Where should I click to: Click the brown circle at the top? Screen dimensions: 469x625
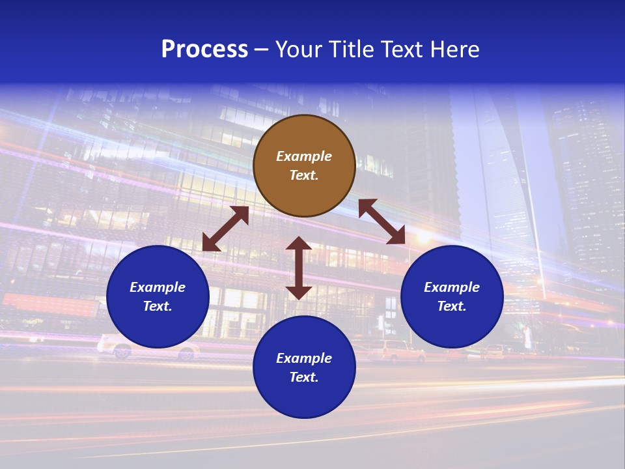(304, 165)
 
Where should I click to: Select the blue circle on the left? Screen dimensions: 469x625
(158, 296)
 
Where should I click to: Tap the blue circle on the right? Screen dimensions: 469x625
(452, 296)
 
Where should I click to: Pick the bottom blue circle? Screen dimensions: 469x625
(304, 367)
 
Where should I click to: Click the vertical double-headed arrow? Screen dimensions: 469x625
(299, 268)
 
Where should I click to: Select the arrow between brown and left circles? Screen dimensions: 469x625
(225, 229)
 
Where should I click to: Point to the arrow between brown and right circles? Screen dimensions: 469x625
(382, 221)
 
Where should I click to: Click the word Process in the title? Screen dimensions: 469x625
(204, 50)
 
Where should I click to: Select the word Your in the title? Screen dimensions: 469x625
(299, 50)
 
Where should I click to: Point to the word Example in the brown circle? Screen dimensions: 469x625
(304, 156)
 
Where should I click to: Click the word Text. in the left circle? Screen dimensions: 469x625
(158, 306)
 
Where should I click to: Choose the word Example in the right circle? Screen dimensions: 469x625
(452, 287)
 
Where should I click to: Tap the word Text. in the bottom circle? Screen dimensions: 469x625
(304, 377)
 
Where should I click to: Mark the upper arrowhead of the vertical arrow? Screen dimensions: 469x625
(299, 244)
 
